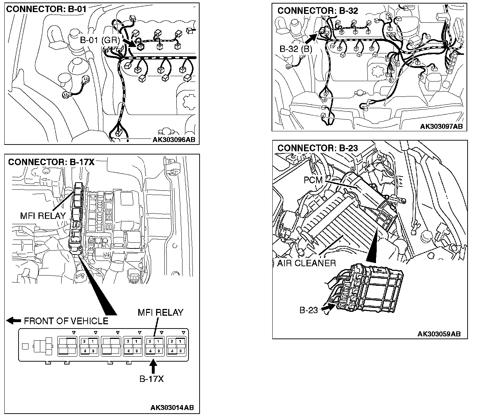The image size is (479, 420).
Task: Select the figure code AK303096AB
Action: (x=174, y=140)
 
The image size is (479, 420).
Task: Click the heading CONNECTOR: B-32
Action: (x=318, y=11)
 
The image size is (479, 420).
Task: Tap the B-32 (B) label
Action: (x=296, y=49)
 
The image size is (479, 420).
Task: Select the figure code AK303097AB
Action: (x=441, y=126)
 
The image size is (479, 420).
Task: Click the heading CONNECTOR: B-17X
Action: (x=51, y=162)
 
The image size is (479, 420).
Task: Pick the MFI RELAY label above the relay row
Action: (x=160, y=313)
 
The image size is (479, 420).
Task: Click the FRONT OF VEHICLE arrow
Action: (x=14, y=321)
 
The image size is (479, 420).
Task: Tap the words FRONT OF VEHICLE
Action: (x=66, y=321)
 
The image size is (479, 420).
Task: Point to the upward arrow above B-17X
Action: (x=153, y=366)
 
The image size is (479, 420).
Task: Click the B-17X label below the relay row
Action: (x=151, y=379)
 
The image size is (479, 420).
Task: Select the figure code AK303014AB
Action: (x=172, y=408)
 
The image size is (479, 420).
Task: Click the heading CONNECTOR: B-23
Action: (x=318, y=148)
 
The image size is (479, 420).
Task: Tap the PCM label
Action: (x=313, y=180)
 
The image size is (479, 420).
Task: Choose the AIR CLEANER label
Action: (x=307, y=263)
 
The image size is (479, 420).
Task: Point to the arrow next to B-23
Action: (x=326, y=309)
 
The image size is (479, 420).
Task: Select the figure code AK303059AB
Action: (x=439, y=334)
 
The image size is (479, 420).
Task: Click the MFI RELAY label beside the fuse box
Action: (x=43, y=216)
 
